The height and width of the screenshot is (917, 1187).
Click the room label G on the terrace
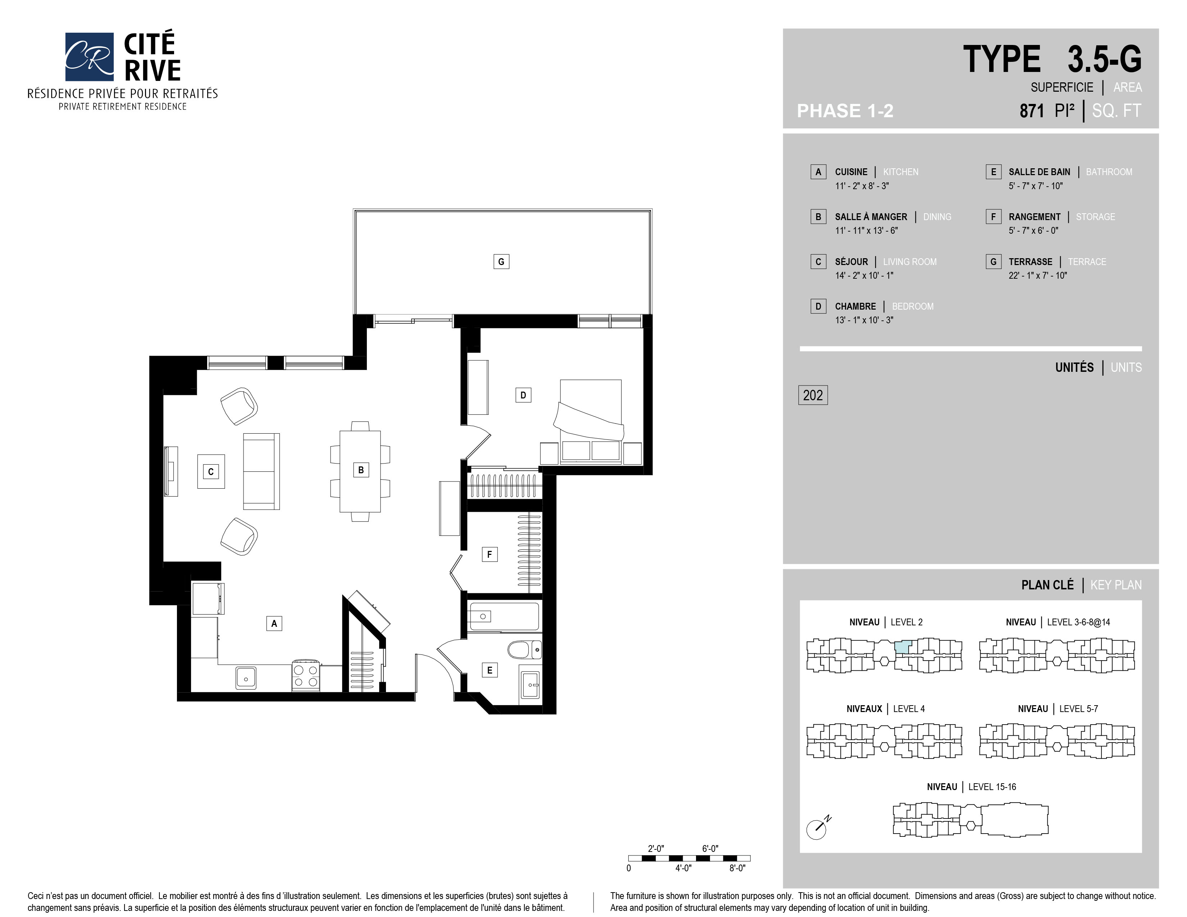coord(501,262)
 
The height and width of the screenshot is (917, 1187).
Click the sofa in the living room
coord(261,471)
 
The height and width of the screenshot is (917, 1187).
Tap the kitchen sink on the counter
coord(246,678)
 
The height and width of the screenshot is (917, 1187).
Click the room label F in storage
coord(490,555)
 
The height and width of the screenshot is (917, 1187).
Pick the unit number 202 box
coord(813,395)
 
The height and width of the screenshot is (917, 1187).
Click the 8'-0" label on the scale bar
coord(737,868)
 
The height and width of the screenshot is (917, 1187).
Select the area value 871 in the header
coord(1032,111)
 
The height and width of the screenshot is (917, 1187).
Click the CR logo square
coord(89,56)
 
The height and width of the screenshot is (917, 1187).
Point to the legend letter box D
coord(818,306)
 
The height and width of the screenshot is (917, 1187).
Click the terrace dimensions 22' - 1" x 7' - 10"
coord(1037,275)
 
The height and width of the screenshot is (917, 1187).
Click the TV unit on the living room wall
coord(171,471)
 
